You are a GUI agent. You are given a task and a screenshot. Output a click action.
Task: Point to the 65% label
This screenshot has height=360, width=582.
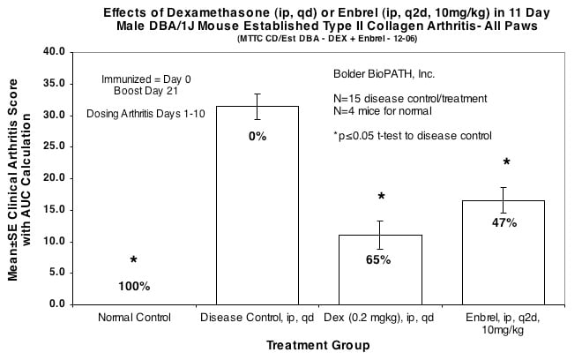(380, 259)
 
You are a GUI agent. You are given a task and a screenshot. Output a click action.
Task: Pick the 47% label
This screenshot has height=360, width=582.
(504, 222)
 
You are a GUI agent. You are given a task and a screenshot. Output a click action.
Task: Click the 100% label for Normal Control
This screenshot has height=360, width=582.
(134, 286)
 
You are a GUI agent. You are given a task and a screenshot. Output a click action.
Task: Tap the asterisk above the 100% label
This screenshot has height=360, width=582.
(134, 261)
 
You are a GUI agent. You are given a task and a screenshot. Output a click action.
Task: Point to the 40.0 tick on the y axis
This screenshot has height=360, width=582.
(55, 52)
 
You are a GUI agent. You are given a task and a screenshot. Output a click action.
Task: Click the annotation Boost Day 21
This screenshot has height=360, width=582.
(134, 91)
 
